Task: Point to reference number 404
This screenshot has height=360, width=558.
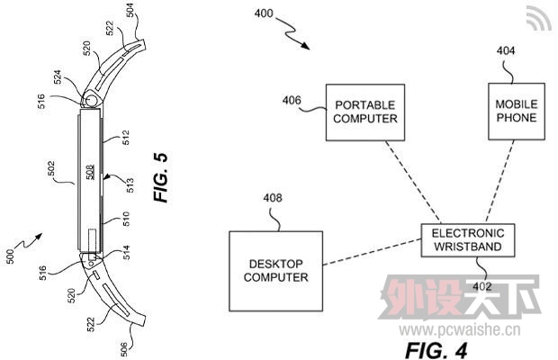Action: (506, 51)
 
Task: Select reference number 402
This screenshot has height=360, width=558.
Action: (484, 286)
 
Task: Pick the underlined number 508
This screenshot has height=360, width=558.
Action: (91, 172)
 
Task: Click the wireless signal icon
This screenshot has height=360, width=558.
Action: (540, 19)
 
